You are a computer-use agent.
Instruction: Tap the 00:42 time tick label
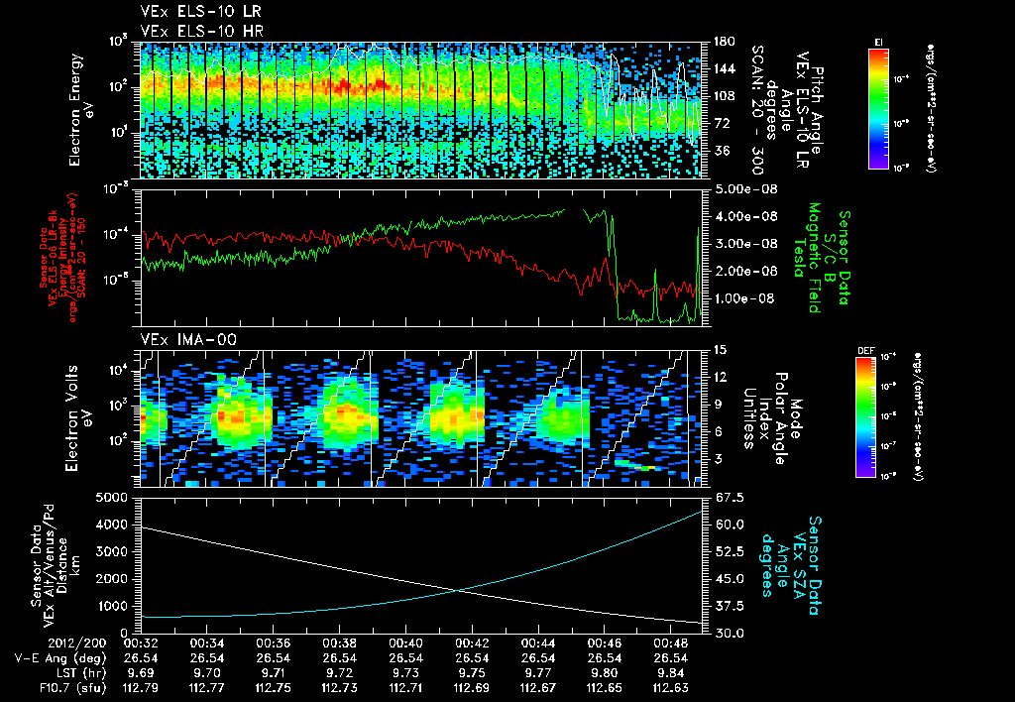pyautogui.click(x=471, y=643)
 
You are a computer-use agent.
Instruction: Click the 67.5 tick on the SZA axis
pyautogui.click(x=722, y=497)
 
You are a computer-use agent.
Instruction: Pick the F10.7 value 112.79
pyautogui.click(x=140, y=687)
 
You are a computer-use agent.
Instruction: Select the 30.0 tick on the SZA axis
pyautogui.click(x=722, y=633)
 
